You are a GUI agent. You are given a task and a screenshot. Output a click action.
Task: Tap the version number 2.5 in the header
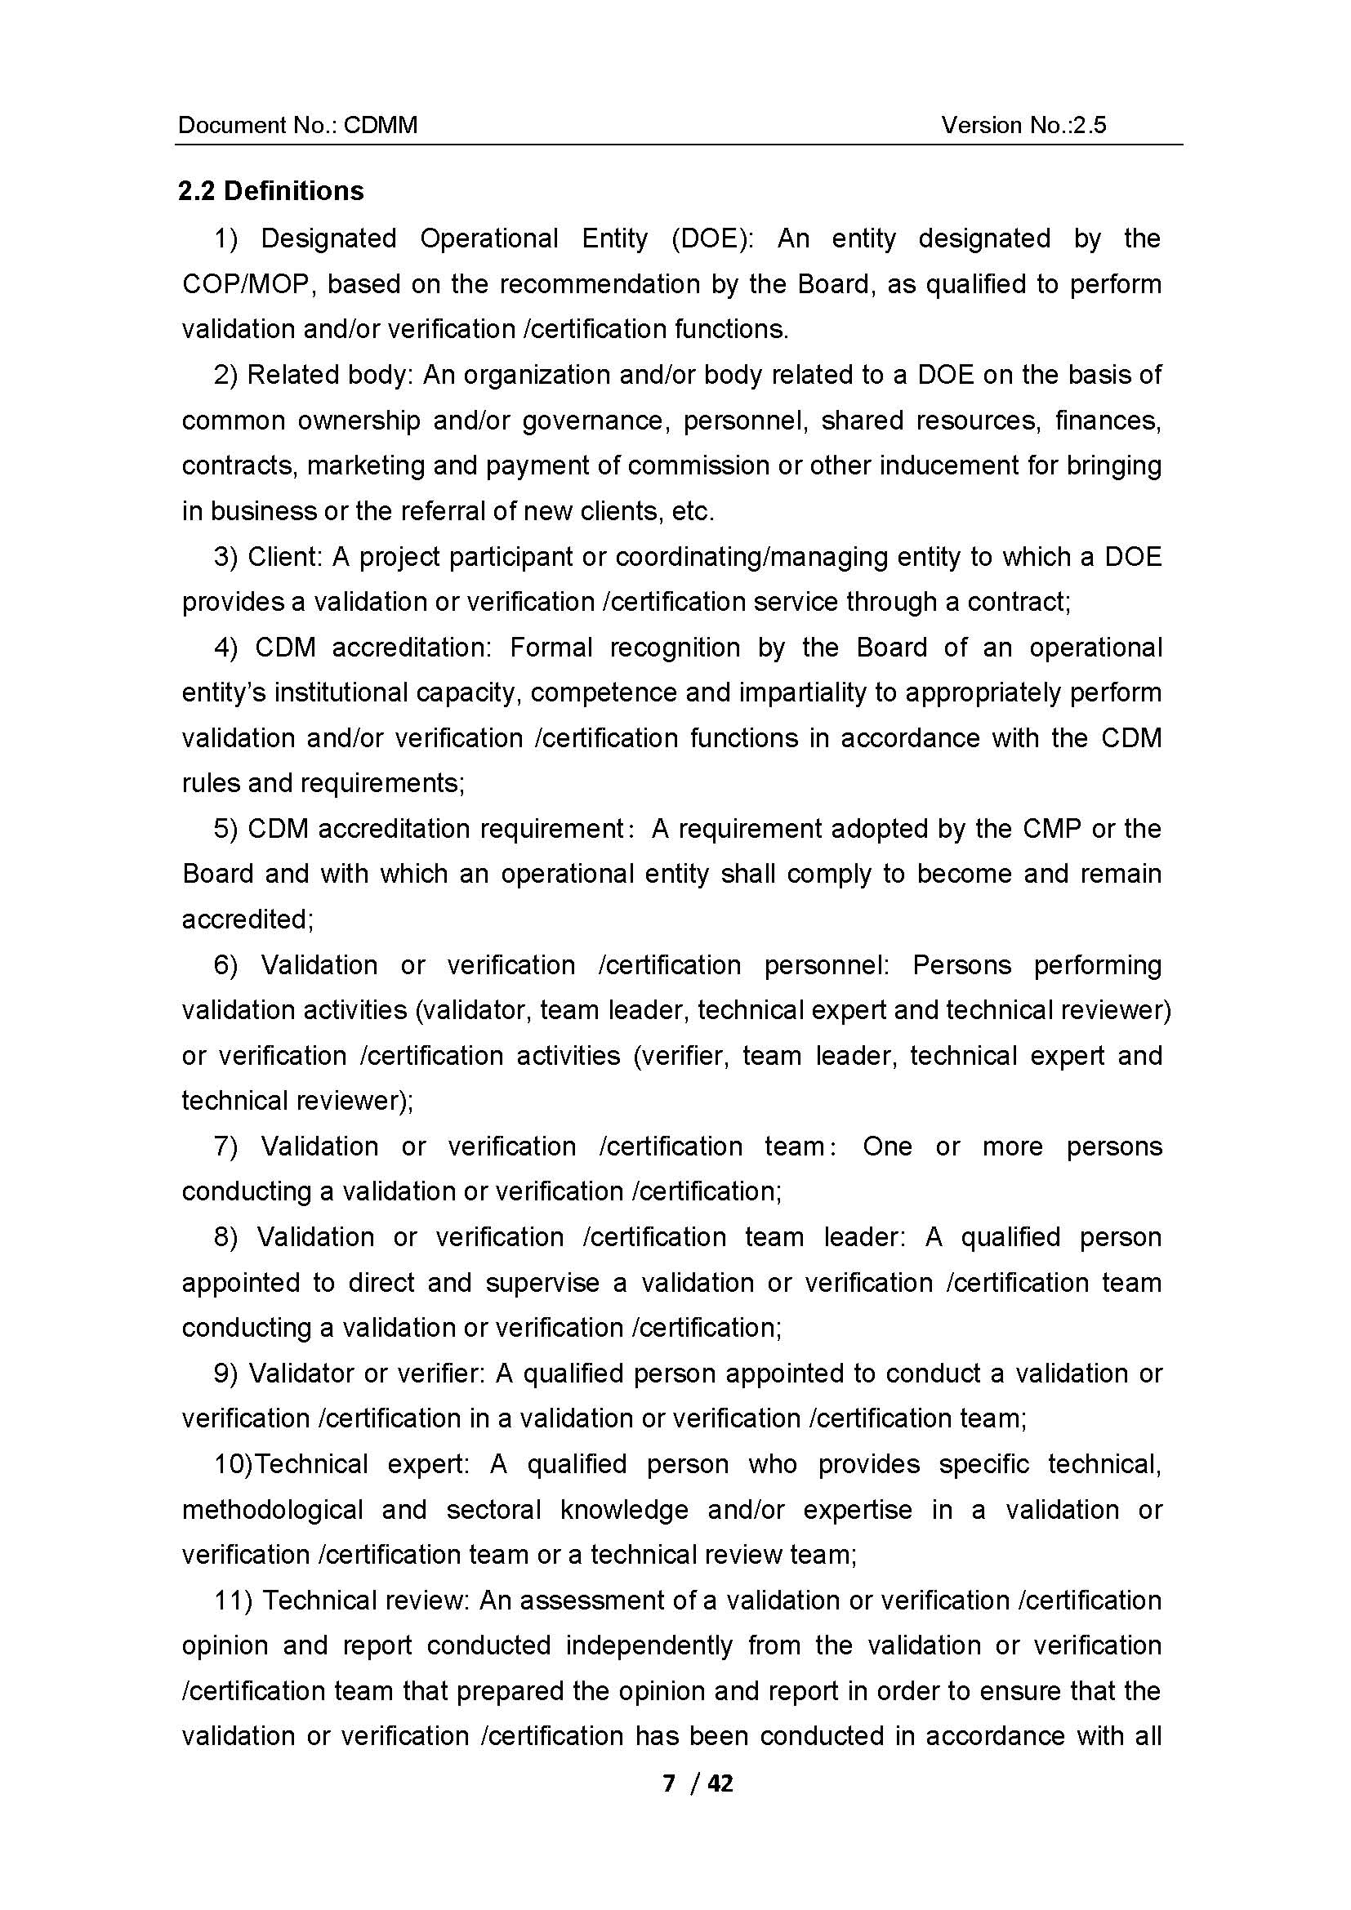point(1090,125)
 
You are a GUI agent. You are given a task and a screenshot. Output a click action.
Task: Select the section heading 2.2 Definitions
point(271,190)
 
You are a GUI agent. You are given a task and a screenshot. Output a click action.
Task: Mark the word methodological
point(273,1510)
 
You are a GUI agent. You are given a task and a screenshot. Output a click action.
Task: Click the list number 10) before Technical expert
point(233,1464)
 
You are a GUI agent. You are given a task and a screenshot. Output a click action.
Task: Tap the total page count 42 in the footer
point(720,1783)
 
